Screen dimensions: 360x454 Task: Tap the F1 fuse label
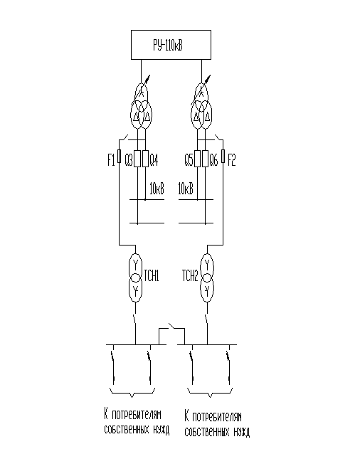[x=111, y=160]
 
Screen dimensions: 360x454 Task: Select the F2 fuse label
[x=232, y=160]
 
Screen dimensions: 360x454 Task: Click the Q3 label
[x=129, y=160]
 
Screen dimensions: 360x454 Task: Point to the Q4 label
[x=154, y=160]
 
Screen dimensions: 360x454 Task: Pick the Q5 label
[x=189, y=160]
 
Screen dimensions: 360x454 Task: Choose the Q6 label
[x=213, y=160]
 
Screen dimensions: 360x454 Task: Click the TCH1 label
[x=152, y=275]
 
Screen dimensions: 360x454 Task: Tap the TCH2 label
[x=190, y=275]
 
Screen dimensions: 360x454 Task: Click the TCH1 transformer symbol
[x=135, y=278]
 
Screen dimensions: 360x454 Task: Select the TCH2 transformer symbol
[x=207, y=278]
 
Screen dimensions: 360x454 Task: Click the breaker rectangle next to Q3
[x=137, y=159]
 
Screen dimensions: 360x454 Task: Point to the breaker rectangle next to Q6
[x=205, y=159]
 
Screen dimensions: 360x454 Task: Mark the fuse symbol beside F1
[x=119, y=156]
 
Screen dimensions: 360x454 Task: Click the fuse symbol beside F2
[x=223, y=156]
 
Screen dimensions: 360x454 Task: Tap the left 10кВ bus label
[x=157, y=189]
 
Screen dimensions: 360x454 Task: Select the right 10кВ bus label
[x=186, y=189]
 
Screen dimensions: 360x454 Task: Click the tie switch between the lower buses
[x=173, y=326]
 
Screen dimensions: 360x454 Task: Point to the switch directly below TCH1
[x=134, y=320]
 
